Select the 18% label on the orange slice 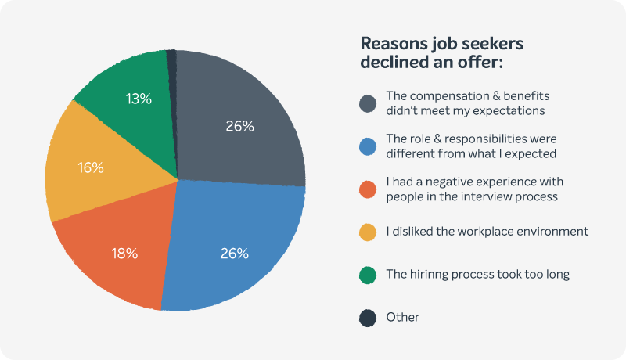pyautogui.click(x=124, y=253)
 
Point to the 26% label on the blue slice pyautogui.click(x=235, y=253)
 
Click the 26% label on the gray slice pyautogui.click(x=239, y=126)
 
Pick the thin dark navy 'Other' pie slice pyautogui.click(x=172, y=63)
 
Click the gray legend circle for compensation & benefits pyautogui.click(x=368, y=103)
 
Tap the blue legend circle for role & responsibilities pyautogui.click(x=368, y=146)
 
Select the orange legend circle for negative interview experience pyautogui.click(x=368, y=189)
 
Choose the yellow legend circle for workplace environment pyautogui.click(x=368, y=232)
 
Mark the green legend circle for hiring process pyautogui.click(x=368, y=275)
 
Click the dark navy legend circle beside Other pyautogui.click(x=368, y=317)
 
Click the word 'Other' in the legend pyautogui.click(x=403, y=317)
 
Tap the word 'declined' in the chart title pyautogui.click(x=394, y=61)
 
